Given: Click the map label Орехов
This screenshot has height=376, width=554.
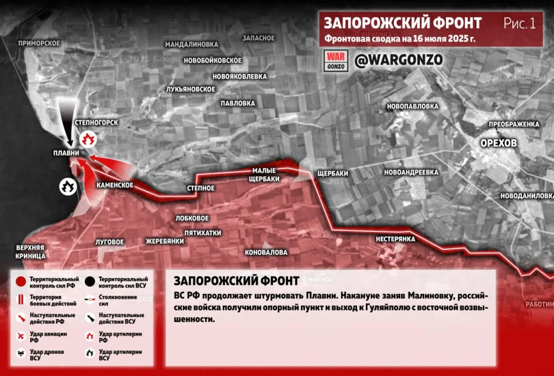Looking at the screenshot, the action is pyautogui.click(x=498, y=143).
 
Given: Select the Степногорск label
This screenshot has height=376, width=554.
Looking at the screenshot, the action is pyautogui.click(x=97, y=122).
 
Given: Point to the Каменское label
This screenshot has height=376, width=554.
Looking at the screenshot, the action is pyautogui.click(x=115, y=185).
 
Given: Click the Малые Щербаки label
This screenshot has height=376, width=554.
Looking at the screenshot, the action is pyautogui.click(x=265, y=174).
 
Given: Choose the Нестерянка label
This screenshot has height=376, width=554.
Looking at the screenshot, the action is pyautogui.click(x=396, y=238).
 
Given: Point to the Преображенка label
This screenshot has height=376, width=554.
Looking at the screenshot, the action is pyautogui.click(x=514, y=124).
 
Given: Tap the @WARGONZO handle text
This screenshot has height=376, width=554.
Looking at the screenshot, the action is pyautogui.click(x=391, y=60).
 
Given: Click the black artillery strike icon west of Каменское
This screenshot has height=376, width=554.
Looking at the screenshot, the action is pyautogui.click(x=67, y=187).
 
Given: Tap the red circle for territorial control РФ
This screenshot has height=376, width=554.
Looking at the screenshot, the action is pyautogui.click(x=20, y=282).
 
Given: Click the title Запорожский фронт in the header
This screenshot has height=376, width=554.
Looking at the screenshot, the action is pyautogui.click(x=402, y=23).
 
